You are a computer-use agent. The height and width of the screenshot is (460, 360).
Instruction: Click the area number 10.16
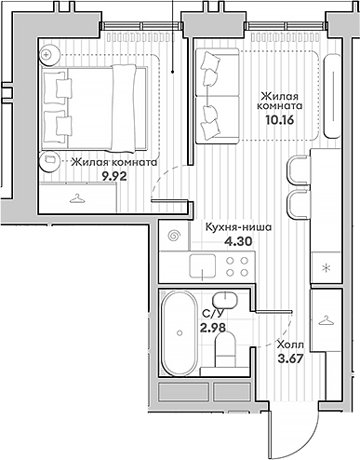coord(279,119)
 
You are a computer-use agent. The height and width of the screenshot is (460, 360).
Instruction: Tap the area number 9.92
coord(114,176)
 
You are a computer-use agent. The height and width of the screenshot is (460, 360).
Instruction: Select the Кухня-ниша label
coord(238,227)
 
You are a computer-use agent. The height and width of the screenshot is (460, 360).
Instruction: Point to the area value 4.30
coord(238,241)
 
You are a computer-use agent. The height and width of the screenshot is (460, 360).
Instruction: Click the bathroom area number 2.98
coord(213,328)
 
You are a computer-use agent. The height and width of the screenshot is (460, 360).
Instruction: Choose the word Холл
coord(290,345)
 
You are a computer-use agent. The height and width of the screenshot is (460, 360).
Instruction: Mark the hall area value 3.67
coord(290,359)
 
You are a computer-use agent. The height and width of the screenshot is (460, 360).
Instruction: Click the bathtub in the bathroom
coord(180,333)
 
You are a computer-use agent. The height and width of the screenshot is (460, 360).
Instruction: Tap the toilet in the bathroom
coord(225,348)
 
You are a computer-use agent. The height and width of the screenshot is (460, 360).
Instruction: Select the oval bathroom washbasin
coord(225,300)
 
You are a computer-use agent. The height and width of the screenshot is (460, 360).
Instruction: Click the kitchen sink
coord(203,265)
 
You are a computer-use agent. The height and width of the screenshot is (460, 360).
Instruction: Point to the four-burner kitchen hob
coord(237,266)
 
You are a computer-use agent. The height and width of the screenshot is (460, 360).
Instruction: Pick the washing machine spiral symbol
coord(174,236)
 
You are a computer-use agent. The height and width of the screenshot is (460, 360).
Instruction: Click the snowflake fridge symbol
coord(326,267)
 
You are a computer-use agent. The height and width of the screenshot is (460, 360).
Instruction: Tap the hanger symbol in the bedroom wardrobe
coord(76,198)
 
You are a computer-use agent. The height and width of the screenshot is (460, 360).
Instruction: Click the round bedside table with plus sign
coord(49,56)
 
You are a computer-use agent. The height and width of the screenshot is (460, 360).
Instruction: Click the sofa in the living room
coord(217,96)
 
